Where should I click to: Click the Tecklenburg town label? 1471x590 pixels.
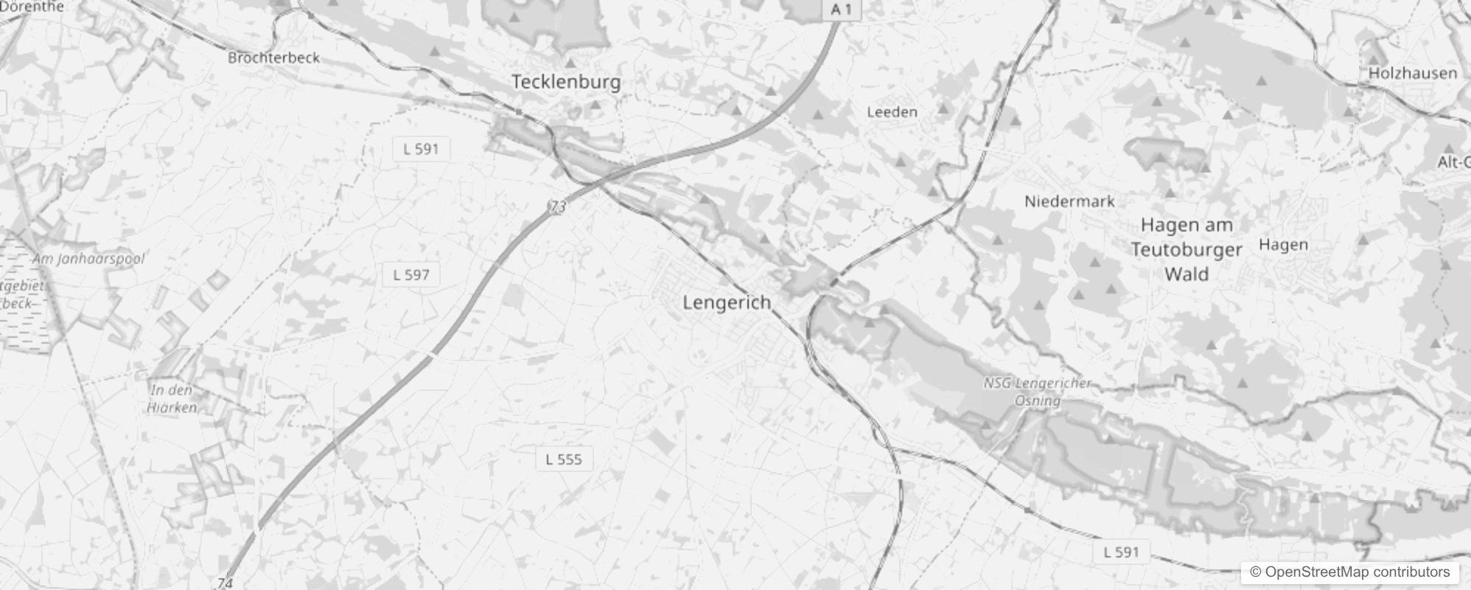point(566,82)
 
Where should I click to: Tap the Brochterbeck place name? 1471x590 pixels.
point(273,58)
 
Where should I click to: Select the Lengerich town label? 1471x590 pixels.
point(727,302)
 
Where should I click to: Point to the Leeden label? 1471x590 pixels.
point(892,112)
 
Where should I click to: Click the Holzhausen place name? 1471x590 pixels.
point(1412,73)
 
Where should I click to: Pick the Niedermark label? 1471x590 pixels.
point(1069,201)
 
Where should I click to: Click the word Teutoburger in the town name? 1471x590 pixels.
point(1187,250)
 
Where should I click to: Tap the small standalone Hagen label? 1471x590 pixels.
point(1283,245)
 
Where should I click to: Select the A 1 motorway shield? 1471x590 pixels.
point(841,10)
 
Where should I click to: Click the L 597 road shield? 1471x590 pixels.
point(411,275)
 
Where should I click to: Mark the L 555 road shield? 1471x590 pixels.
point(564,459)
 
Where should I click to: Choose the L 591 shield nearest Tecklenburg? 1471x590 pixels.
point(422,149)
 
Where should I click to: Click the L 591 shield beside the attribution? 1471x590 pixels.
point(1121,552)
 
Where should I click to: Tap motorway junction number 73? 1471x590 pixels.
point(558,207)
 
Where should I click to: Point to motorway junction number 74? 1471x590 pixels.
point(226,583)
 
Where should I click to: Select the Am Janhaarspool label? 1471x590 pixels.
point(88,259)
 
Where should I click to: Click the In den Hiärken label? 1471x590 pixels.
point(172,398)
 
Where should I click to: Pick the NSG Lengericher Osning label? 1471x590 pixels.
point(1037,392)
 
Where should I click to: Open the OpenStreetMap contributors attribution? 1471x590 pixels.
point(1349,572)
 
